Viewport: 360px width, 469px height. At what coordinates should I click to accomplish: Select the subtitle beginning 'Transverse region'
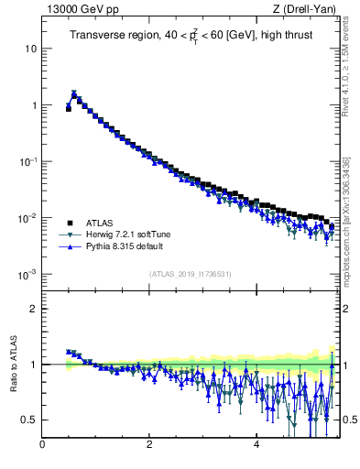pos(190,35)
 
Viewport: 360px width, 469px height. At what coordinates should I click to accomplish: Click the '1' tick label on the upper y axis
pos(33,105)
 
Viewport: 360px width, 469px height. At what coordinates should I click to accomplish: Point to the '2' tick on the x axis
pos(149,445)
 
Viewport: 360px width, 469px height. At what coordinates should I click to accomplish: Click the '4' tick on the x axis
pos(256,445)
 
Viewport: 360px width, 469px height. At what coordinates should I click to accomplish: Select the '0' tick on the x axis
pos(43,445)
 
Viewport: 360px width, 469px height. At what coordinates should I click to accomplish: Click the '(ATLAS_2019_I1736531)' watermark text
pos(191,274)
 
